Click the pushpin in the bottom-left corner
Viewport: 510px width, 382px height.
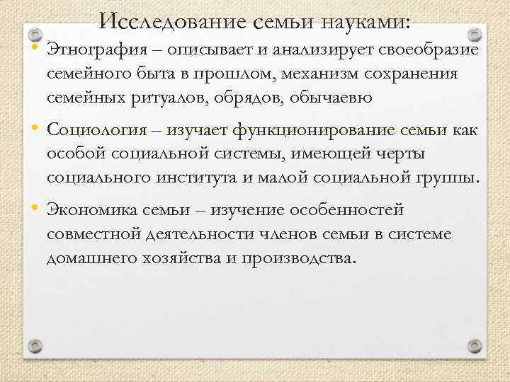tap(34, 346)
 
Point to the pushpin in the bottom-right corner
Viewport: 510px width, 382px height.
tap(475, 346)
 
